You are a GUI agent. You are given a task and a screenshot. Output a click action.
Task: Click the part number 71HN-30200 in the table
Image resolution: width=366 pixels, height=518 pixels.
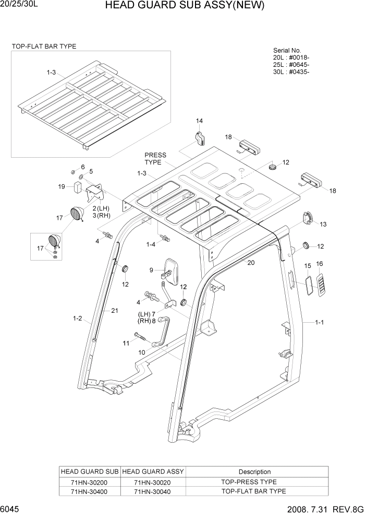tap(90, 482)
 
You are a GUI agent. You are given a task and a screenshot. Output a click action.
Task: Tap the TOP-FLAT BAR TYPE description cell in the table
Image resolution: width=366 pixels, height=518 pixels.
tap(254, 491)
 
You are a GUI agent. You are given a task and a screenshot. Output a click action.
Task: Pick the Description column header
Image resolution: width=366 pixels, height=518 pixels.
tap(254, 472)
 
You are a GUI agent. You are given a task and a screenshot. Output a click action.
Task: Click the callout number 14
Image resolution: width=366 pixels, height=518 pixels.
tap(199, 121)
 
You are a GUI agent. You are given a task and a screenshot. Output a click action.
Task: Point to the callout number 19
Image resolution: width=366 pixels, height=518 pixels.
tap(62, 186)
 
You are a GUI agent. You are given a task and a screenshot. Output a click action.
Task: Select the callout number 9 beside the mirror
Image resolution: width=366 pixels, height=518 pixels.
tap(151, 270)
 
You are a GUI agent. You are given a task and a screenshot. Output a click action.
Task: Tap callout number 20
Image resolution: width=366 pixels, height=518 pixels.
tap(251, 263)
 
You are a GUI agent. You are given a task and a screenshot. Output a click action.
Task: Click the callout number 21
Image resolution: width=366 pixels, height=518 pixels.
tap(115, 311)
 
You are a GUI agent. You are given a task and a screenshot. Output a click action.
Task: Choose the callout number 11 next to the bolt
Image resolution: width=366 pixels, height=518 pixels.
tap(125, 343)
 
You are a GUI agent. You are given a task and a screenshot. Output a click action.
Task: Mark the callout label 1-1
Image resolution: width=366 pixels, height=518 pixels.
tap(320, 322)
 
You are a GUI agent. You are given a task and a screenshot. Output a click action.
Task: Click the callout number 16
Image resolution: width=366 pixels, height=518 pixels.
tap(320, 264)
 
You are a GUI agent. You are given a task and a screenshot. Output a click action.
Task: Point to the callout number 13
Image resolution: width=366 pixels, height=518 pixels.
tap(323, 225)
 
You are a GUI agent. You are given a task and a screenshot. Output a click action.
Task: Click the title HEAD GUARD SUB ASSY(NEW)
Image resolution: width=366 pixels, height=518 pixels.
tap(185, 6)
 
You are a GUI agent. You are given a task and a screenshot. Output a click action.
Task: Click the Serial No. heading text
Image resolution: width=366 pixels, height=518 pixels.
tap(280, 50)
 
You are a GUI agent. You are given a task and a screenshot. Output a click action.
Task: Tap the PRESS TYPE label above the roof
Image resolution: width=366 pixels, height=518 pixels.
tap(155, 158)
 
